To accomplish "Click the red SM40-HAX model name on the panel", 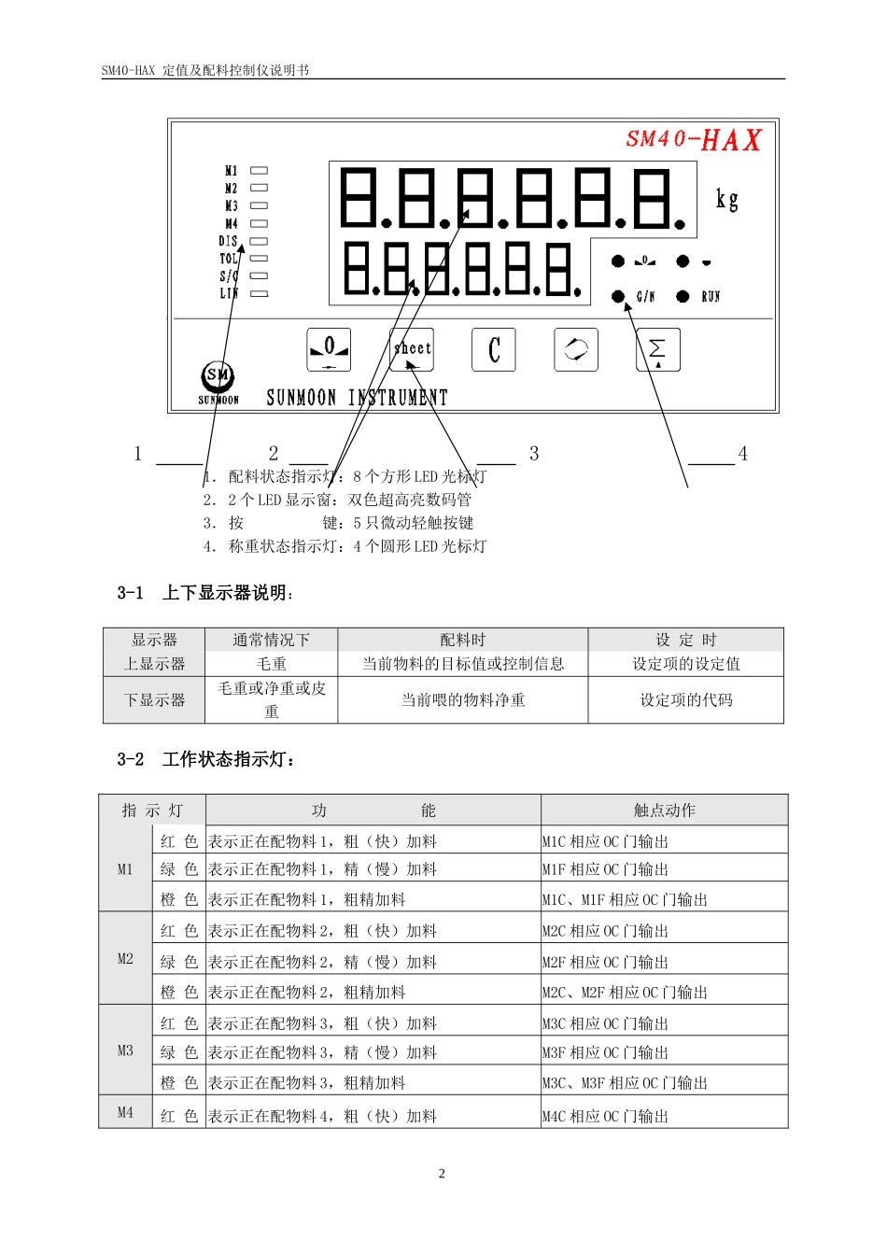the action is tap(694, 140).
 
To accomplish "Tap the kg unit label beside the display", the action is tap(726, 199).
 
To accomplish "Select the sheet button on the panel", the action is tap(412, 349).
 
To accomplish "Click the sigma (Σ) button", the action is tap(658, 350).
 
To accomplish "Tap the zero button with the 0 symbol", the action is tap(330, 350).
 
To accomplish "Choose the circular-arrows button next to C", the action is tap(576, 350).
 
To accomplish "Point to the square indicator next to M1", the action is tap(260, 171).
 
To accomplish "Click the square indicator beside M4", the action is tap(260, 223).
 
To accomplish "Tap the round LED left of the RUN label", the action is tap(683, 296).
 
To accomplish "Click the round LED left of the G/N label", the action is tap(618, 296).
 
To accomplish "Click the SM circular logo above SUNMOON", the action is tap(218, 375).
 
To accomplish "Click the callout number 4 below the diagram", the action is tap(743, 454).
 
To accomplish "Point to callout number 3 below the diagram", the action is tap(534, 454).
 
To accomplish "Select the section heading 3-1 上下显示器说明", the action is tap(205, 593).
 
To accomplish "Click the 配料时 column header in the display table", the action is tap(463, 640).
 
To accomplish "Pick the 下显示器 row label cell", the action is tap(155, 699).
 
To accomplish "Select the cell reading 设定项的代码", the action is tap(686, 699).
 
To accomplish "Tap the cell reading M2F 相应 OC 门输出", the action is tap(606, 962).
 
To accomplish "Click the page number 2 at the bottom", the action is tap(443, 1174).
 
